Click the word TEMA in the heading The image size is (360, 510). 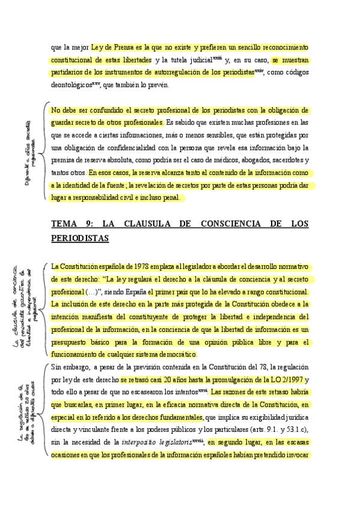(x=65, y=224)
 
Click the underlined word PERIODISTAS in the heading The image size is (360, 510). (x=80, y=239)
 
